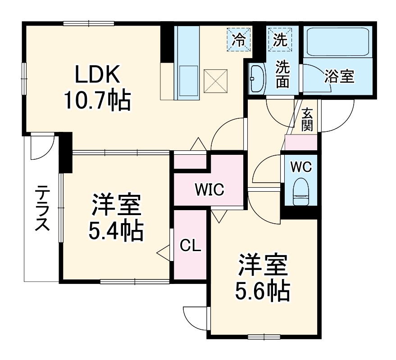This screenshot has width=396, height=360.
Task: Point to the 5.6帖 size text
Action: (x=263, y=292)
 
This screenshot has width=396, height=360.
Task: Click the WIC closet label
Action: (x=209, y=190)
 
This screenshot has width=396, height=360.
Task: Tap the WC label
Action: (x=301, y=167)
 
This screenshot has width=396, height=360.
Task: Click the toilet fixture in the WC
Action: (x=300, y=193)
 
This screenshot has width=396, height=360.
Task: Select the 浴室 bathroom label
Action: (x=339, y=76)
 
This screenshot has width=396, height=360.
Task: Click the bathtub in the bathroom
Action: (x=337, y=42)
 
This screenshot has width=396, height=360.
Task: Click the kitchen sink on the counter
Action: (x=188, y=81)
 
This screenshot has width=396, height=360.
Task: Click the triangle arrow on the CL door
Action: (x=164, y=253)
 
